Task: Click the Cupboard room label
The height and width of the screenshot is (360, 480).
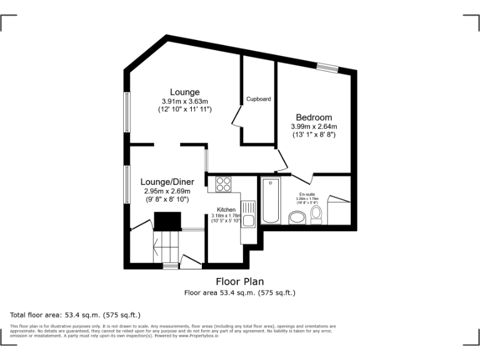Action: click(258, 99)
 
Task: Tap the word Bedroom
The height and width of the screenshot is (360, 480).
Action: click(314, 117)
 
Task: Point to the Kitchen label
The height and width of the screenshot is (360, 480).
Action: click(226, 209)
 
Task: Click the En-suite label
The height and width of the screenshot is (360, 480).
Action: click(307, 194)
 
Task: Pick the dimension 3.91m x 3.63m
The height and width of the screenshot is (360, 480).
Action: click(185, 101)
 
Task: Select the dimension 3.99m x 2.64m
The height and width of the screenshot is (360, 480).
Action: click(314, 126)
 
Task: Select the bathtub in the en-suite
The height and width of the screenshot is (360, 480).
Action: click(271, 201)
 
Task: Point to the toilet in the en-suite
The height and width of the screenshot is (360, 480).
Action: click(316, 216)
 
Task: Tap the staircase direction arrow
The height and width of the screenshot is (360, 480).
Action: click(155, 244)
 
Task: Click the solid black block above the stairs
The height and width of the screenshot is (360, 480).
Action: click(167, 221)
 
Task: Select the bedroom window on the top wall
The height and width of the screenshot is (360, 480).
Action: click(327, 67)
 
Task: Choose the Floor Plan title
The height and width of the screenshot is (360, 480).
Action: click(240, 281)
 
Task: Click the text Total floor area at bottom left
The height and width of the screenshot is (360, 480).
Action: click(38, 314)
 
